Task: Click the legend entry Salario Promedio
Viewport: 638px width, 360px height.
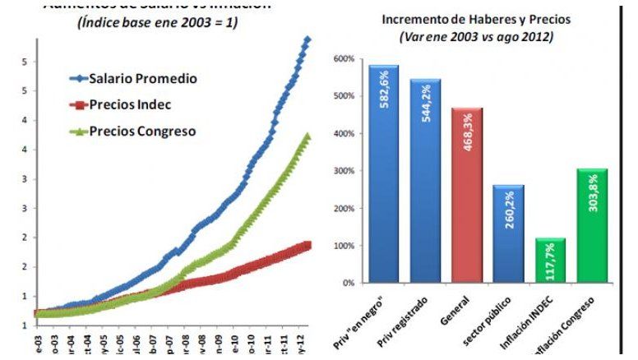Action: [x=143, y=79]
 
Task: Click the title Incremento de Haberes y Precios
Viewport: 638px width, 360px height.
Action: [x=465, y=20]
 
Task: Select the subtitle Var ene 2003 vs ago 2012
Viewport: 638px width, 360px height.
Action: [x=465, y=37]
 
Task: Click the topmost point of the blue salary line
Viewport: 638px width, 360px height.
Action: [x=308, y=39]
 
